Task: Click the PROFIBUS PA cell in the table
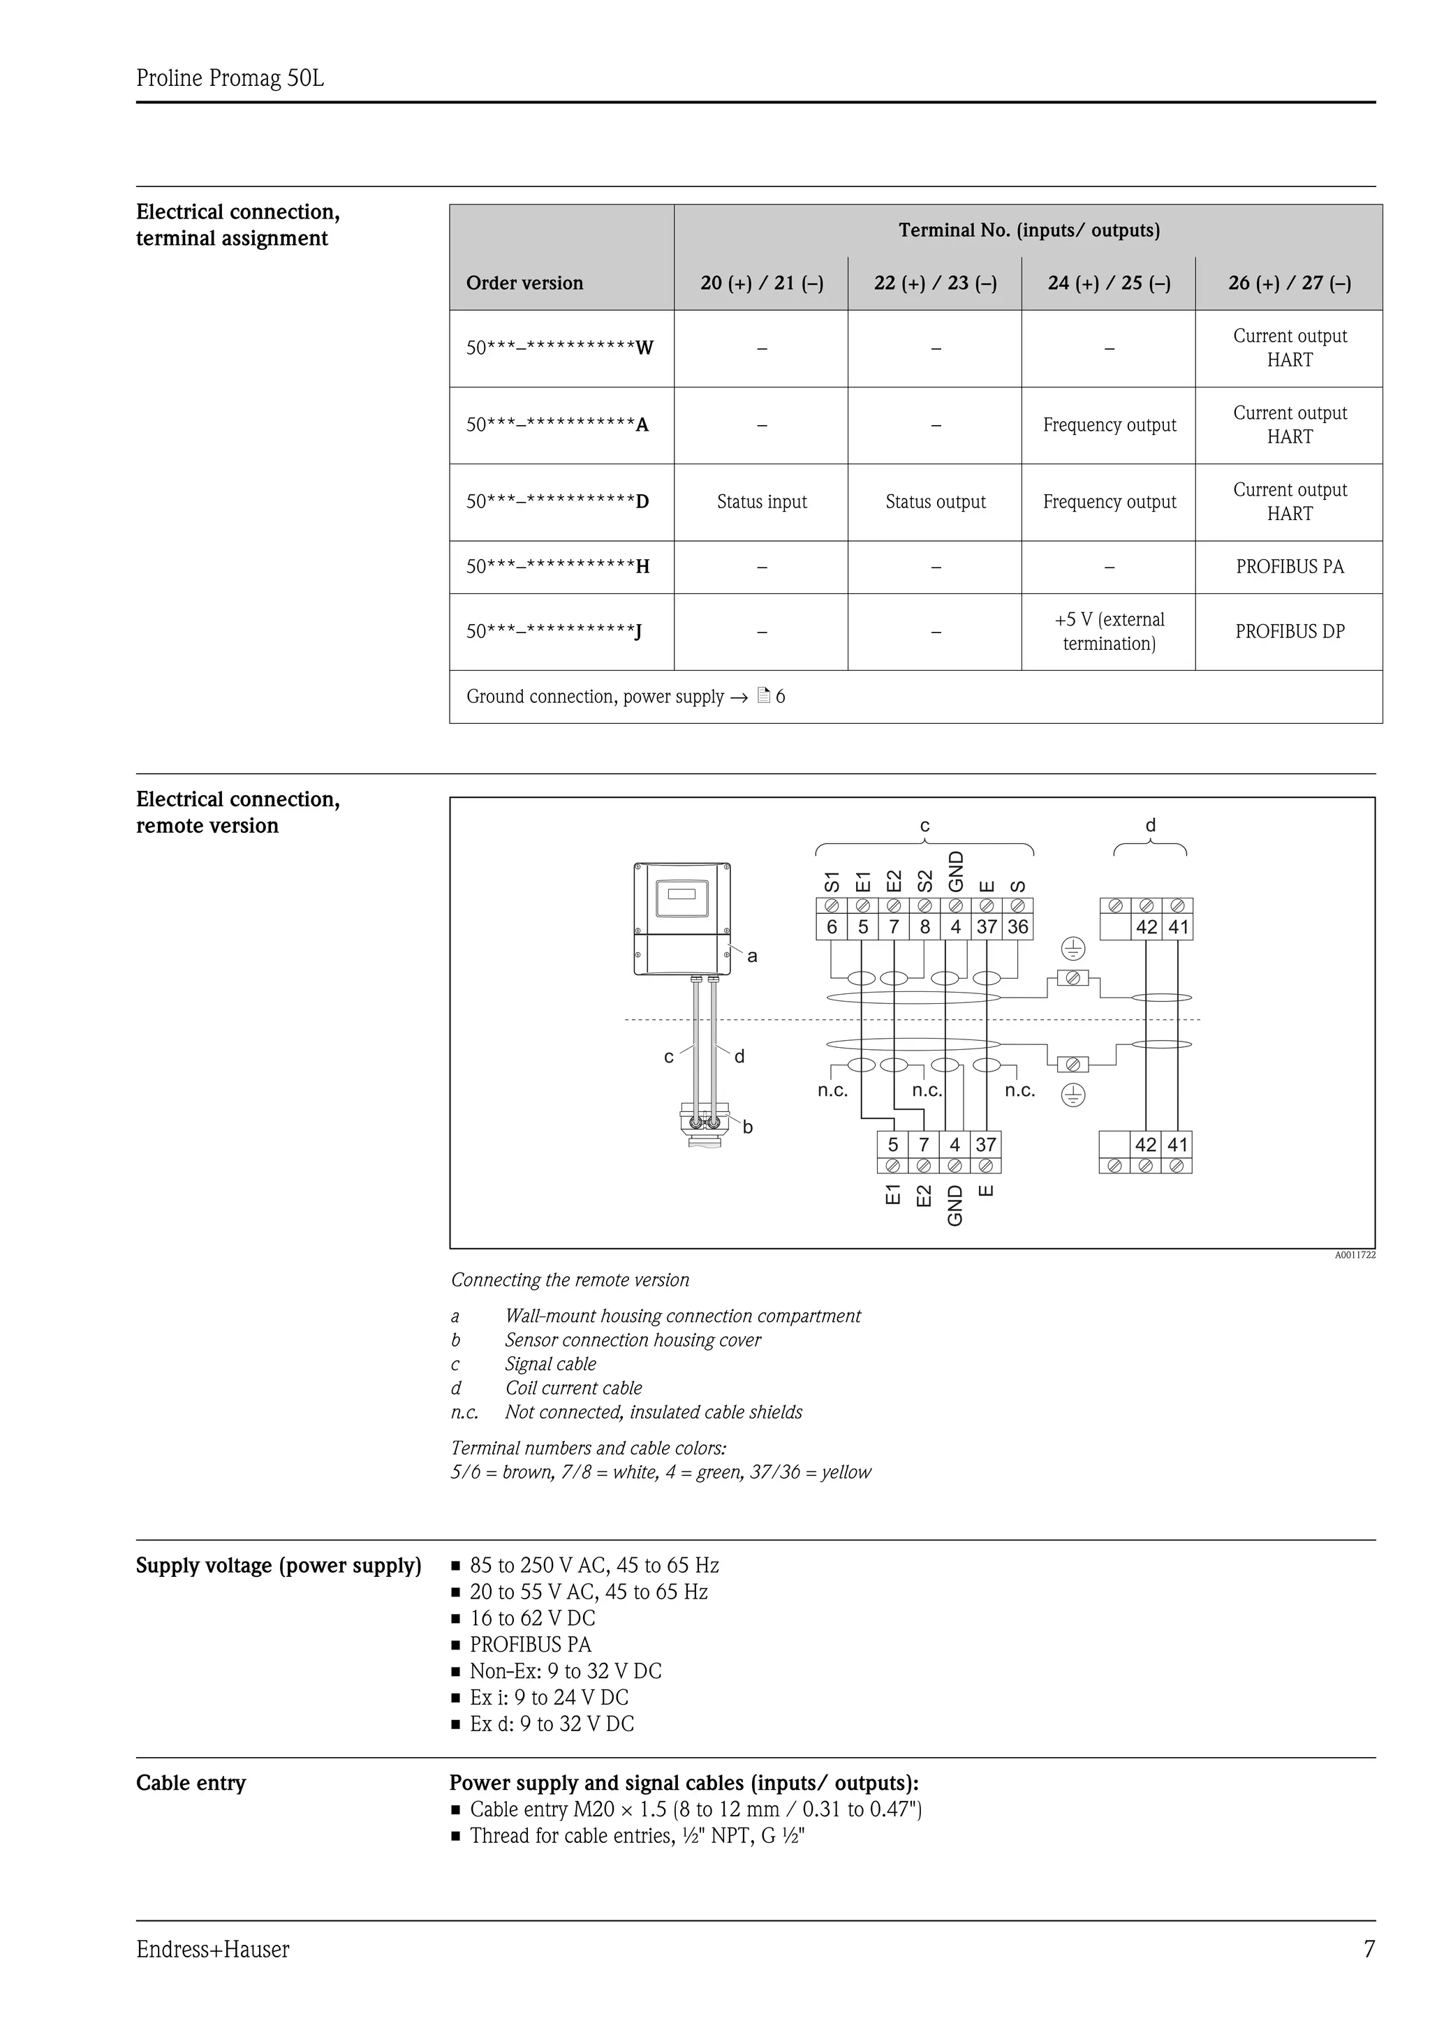[1289, 567]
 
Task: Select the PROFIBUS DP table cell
[1289, 632]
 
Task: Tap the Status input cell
[761, 502]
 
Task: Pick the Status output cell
[935, 502]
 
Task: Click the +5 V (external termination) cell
[1108, 632]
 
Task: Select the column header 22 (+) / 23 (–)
[935, 283]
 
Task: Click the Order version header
[524, 283]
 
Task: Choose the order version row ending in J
[553, 632]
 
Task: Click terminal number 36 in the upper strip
[1017, 927]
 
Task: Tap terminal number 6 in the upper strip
[832, 927]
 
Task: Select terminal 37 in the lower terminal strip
[985, 1145]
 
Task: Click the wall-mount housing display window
[682, 896]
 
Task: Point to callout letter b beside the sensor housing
[747, 1127]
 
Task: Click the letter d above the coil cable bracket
[1150, 826]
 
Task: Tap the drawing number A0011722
[1354, 1254]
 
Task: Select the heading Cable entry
[191, 1784]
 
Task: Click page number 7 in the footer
[1369, 1950]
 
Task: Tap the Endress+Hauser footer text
[212, 1950]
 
